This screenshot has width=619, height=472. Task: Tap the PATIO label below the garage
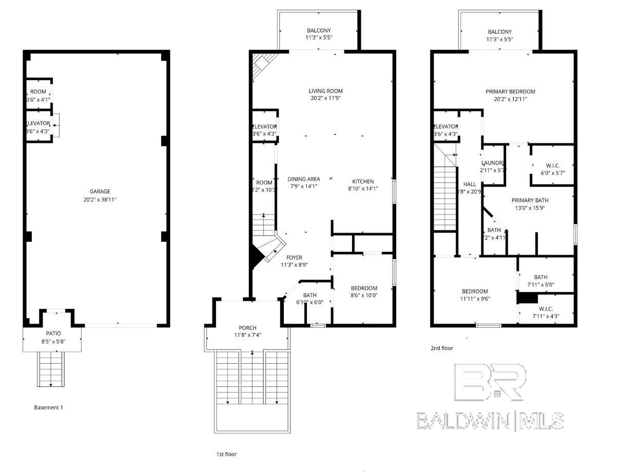tap(53, 333)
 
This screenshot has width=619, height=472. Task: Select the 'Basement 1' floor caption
tap(48, 407)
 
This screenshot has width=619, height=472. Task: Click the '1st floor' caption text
tap(226, 454)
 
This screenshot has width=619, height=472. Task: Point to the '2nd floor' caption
tap(441, 348)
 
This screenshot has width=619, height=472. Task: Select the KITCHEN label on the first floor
tap(363, 181)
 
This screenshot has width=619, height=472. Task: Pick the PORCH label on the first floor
tap(247, 328)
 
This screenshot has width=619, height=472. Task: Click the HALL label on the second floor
tap(469, 184)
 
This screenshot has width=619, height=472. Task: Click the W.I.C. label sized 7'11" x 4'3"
tap(546, 309)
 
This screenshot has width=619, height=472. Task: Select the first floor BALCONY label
tap(319, 31)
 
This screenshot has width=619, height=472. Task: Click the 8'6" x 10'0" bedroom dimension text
tap(364, 296)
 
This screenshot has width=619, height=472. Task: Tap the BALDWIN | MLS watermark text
tap(490, 421)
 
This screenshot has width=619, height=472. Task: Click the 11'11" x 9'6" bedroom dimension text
tap(475, 299)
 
